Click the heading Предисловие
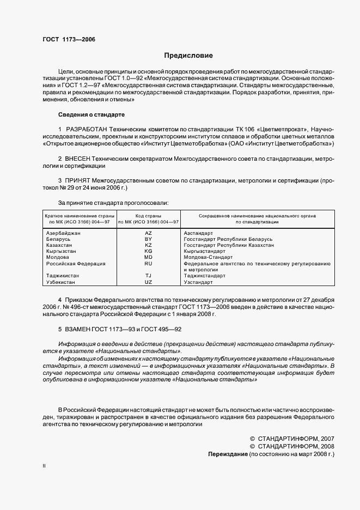(x=188, y=56)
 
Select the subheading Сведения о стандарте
(x=91, y=115)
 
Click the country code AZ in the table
(x=148, y=233)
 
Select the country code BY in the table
(x=148, y=239)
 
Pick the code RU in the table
(x=148, y=263)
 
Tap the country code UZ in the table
(x=148, y=282)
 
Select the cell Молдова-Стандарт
(x=208, y=257)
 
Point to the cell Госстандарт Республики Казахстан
(x=229, y=245)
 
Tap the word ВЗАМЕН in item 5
(x=81, y=329)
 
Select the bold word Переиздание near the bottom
(x=228, y=453)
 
